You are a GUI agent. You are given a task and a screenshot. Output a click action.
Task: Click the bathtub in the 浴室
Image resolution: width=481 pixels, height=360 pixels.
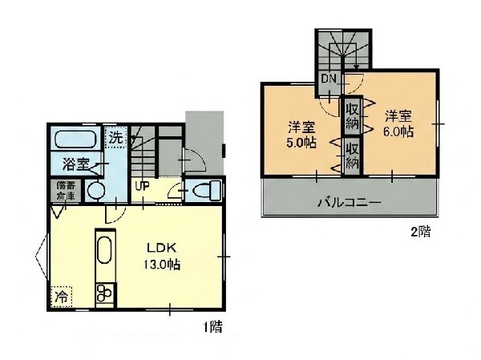pyautogui.click(x=75, y=140)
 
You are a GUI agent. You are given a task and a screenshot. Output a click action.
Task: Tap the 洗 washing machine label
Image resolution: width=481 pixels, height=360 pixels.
pyautogui.click(x=116, y=138)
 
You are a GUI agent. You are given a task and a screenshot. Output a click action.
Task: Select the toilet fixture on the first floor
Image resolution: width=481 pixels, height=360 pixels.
pyautogui.click(x=207, y=190)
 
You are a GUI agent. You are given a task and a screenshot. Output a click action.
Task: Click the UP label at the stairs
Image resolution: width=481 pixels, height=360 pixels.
pyautogui.click(x=143, y=186)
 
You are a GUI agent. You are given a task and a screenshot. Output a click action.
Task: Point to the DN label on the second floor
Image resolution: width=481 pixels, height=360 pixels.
pyautogui.click(x=329, y=79)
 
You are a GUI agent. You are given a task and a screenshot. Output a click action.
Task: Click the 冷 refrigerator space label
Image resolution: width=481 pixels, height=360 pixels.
pyautogui.click(x=62, y=297)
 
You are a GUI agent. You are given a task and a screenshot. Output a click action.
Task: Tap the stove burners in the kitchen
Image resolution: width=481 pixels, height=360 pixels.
pyautogui.click(x=104, y=293)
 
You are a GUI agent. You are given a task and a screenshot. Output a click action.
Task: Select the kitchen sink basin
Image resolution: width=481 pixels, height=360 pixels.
pyautogui.click(x=104, y=250)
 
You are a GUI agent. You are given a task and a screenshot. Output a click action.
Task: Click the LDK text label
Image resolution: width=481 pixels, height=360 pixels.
pyautogui.click(x=162, y=248)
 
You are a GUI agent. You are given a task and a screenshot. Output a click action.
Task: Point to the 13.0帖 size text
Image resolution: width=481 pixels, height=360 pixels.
pyautogui.click(x=162, y=265)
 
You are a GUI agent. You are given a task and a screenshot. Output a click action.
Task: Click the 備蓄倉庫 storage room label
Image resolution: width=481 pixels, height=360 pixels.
pyautogui.click(x=66, y=191)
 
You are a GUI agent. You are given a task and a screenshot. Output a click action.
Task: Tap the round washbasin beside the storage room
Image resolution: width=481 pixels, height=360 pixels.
pyautogui.click(x=96, y=191)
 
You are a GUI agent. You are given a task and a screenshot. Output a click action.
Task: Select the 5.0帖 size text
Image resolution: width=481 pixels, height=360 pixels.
pyautogui.click(x=301, y=143)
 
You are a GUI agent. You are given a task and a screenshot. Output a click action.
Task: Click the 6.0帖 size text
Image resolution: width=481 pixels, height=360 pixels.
pyautogui.click(x=398, y=131)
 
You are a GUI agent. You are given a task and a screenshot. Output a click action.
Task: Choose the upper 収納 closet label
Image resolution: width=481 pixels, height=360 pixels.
pyautogui.click(x=353, y=116)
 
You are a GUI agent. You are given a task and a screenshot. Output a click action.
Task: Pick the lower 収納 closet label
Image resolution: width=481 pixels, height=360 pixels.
pyautogui.click(x=353, y=156)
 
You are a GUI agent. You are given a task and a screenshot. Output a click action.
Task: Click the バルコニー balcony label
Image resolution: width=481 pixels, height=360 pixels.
pyautogui.click(x=349, y=203)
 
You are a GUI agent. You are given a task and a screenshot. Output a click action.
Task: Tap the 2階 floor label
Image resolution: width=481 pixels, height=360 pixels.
pyautogui.click(x=421, y=232)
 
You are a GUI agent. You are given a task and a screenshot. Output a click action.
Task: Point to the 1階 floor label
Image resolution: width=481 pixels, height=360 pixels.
pyautogui.click(x=213, y=327)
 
